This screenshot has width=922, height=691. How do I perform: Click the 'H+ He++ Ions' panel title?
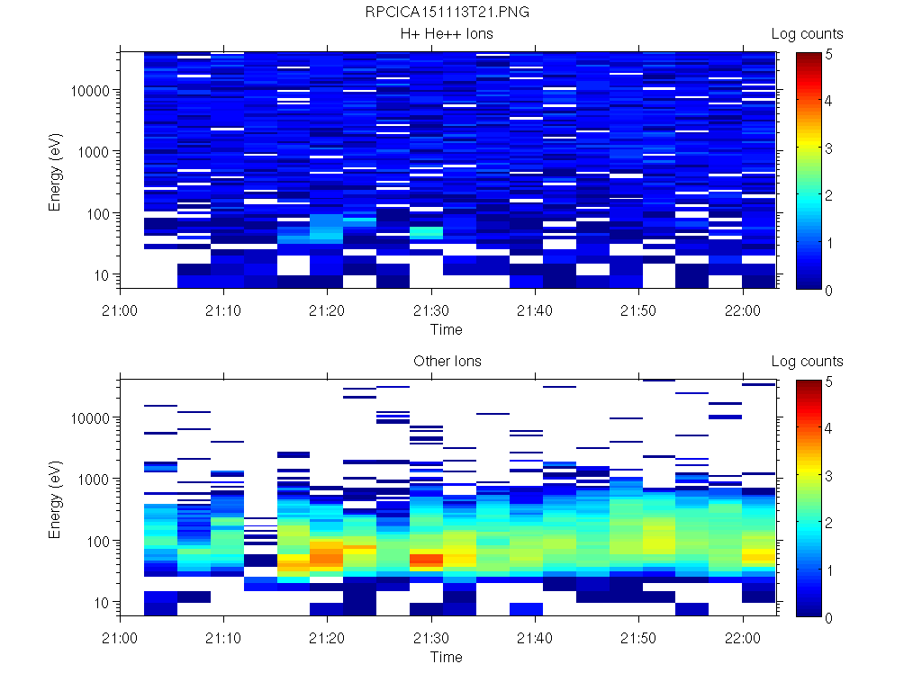click(x=447, y=34)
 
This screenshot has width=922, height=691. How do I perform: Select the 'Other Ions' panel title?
click(x=447, y=362)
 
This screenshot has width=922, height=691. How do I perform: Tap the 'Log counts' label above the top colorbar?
click(x=807, y=34)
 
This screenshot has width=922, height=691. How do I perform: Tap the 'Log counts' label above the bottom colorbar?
click(x=807, y=362)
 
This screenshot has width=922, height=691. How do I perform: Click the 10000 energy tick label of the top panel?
click(x=91, y=91)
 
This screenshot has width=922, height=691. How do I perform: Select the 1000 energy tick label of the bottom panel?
click(x=95, y=480)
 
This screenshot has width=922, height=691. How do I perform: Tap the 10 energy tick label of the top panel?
click(x=102, y=274)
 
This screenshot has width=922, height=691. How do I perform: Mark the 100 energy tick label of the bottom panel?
click(x=98, y=541)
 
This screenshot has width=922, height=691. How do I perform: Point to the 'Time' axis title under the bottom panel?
click(x=446, y=657)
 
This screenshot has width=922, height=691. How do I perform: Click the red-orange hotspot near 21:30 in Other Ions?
click(x=426, y=560)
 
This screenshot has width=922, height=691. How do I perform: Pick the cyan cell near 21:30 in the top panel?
click(x=426, y=232)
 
